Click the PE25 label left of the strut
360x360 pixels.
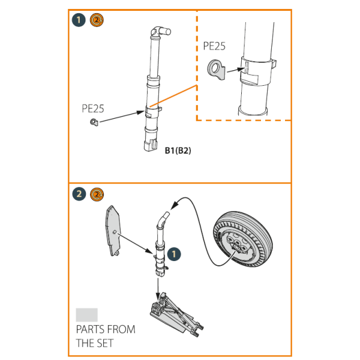point(93,109)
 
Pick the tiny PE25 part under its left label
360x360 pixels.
point(93,122)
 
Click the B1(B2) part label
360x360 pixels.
point(178,151)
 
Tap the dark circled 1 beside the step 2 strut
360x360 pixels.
point(173,255)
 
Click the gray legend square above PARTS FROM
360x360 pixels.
point(86,315)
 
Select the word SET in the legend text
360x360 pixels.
point(106,343)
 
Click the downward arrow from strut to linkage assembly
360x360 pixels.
point(158,287)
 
